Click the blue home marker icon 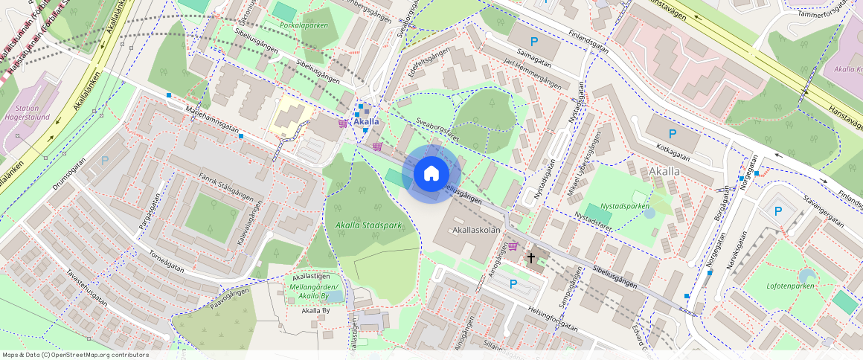[431, 174]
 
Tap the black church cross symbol [531, 258]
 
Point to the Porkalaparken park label [304, 25]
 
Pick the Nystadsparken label [625, 206]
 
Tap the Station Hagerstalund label [32, 113]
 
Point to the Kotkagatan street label [669, 152]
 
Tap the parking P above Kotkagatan [673, 135]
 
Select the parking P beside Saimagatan [533, 41]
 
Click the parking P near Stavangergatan [778, 210]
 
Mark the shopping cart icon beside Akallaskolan [513, 246]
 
